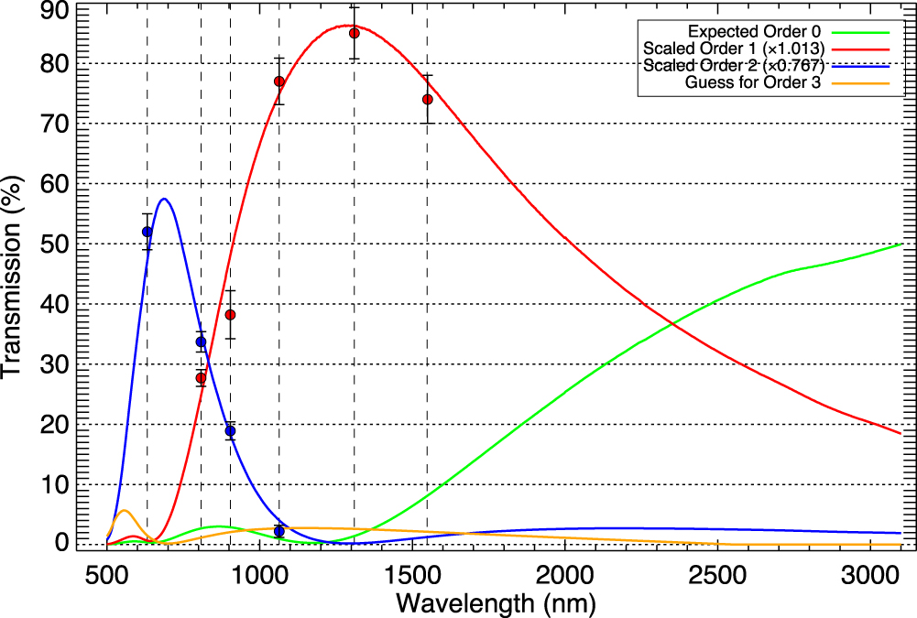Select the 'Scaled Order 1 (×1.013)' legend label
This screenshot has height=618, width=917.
pos(735,49)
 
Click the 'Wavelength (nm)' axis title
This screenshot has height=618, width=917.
pos(496,604)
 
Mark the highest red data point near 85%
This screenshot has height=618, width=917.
pos(354,33)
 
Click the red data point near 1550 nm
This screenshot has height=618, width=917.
pos(428,99)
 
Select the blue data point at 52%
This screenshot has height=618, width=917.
pos(147,232)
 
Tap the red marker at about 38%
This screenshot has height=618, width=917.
pos(231,315)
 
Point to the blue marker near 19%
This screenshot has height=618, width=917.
pos(230,431)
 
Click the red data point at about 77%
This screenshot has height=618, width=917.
pos(279,81)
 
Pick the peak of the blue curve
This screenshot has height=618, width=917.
pos(164,199)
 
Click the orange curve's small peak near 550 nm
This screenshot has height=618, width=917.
pos(124,510)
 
